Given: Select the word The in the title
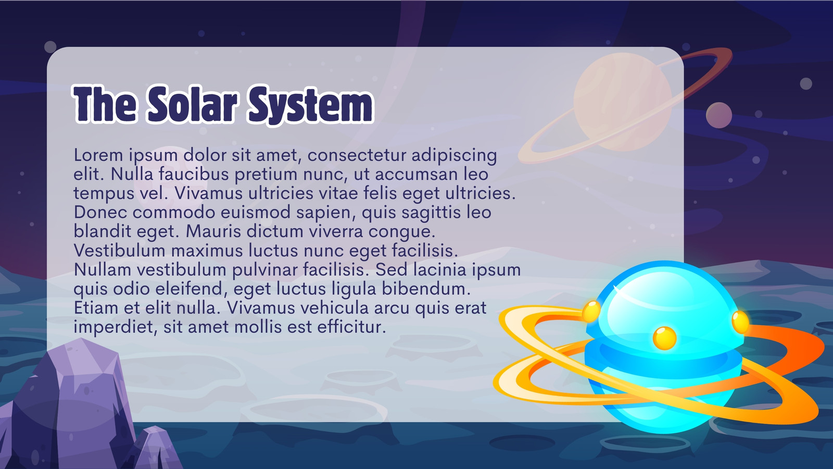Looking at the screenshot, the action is click(105, 104).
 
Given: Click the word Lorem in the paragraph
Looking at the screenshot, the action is click(98, 155).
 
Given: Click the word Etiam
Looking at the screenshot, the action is click(96, 308).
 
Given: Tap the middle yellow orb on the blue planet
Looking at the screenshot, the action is click(664, 338).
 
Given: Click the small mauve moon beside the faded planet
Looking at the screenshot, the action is click(719, 115).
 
